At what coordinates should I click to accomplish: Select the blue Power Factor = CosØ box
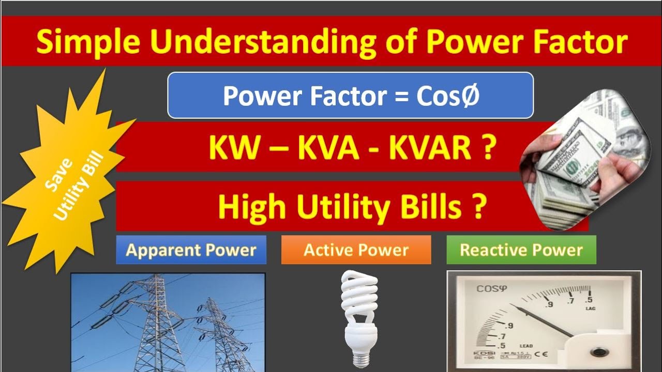pyautogui.click(x=350, y=96)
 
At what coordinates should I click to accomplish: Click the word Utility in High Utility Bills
pyautogui.click(x=356, y=207)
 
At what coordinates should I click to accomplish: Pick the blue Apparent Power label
pyautogui.click(x=191, y=250)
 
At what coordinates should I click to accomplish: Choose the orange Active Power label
pyautogui.click(x=356, y=250)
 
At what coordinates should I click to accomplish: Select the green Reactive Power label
pyautogui.click(x=521, y=250)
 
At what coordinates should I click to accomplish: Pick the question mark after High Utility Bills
pyautogui.click(x=479, y=207)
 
